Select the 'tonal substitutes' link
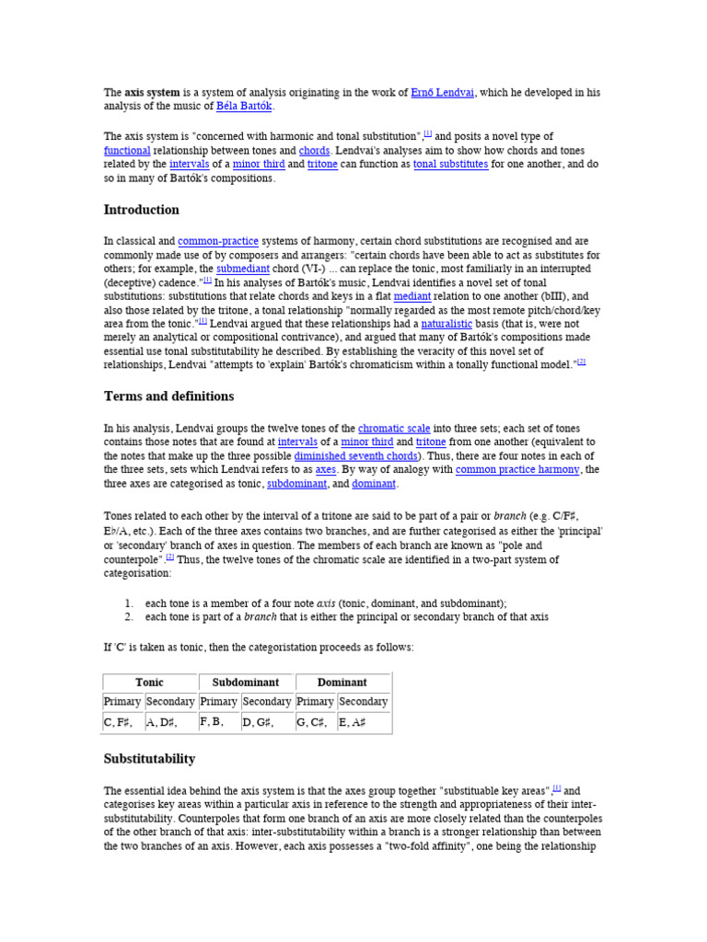pyautogui.click(x=450, y=164)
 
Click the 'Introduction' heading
pyautogui.click(x=141, y=210)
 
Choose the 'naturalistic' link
pyautogui.click(x=446, y=324)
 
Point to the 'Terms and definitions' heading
pyautogui.click(x=168, y=396)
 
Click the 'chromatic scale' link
pyautogui.click(x=393, y=428)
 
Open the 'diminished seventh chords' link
pyautogui.click(x=354, y=455)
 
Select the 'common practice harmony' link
pyautogui.click(x=517, y=469)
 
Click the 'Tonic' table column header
pyautogui.click(x=149, y=683)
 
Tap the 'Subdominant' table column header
pyautogui.click(x=246, y=683)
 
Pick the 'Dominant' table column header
pyautogui.click(x=342, y=683)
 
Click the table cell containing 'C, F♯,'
pyautogui.click(x=123, y=723)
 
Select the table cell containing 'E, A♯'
pyautogui.click(x=363, y=723)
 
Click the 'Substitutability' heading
pyautogui.click(x=149, y=759)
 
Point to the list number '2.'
pyautogui.click(x=129, y=616)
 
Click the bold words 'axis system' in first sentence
pyautogui.click(x=152, y=92)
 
